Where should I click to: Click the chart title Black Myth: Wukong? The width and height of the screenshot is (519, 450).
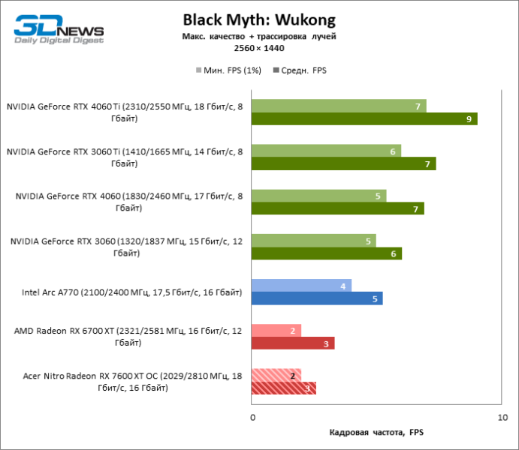click(259, 19)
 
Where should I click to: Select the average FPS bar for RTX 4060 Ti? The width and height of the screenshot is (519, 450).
click(364, 118)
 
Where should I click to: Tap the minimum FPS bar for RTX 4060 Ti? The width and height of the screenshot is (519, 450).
click(339, 106)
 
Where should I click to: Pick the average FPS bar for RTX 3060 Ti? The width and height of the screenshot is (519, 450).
click(344, 163)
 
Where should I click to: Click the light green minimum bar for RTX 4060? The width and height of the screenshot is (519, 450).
click(318, 196)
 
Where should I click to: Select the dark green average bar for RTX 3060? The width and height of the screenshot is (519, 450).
click(327, 253)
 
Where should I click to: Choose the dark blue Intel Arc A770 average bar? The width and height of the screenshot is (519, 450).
click(317, 298)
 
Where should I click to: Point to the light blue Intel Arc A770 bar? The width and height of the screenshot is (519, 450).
click(301, 286)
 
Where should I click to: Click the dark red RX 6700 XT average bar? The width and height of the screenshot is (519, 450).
click(293, 343)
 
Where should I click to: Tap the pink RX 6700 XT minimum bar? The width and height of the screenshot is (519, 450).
click(276, 331)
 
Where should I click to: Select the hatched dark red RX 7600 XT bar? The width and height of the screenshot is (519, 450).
click(284, 388)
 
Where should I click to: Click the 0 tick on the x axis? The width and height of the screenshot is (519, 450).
click(252, 416)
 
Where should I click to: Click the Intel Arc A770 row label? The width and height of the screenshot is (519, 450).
click(132, 292)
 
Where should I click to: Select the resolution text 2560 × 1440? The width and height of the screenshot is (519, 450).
click(259, 47)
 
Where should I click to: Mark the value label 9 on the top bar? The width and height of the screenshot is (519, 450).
click(469, 118)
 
